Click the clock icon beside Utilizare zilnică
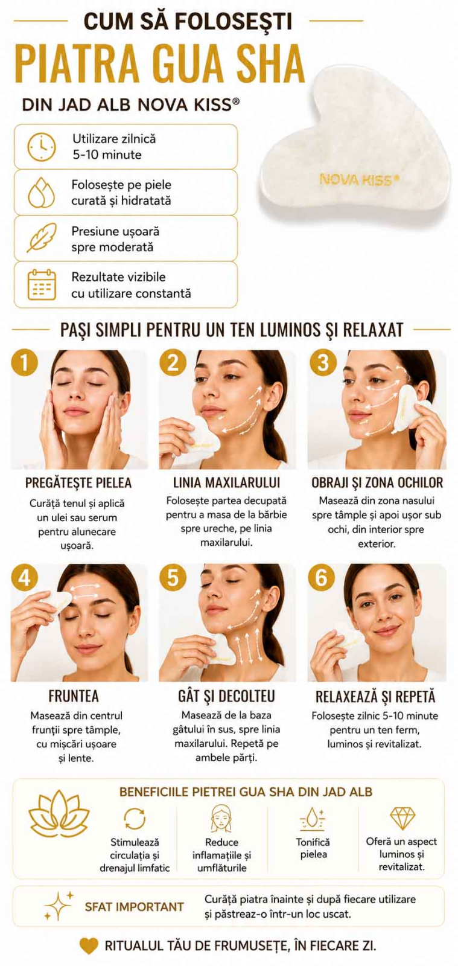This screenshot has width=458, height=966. [x=42, y=147]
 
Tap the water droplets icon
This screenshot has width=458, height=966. [x=42, y=193]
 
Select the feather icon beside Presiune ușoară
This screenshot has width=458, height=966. [x=42, y=238]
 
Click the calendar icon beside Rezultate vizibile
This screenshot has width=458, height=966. [x=42, y=284]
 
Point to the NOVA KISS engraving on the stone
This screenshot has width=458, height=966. [x=359, y=179]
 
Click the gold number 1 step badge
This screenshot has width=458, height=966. [x=24, y=363]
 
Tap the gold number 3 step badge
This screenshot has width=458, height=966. [x=323, y=363]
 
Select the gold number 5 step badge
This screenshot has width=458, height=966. [x=173, y=577]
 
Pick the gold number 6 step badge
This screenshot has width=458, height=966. [x=322, y=577]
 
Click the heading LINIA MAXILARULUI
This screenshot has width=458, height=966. [x=227, y=482]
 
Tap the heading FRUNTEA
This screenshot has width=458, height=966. [x=74, y=696]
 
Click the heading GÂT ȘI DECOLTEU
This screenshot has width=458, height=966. [x=227, y=696]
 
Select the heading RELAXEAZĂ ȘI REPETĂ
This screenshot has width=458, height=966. [x=375, y=696]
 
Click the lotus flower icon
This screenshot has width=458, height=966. [x=59, y=816]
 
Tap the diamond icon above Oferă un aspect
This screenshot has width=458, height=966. [x=402, y=819]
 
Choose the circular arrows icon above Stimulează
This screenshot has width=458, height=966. [x=135, y=819]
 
